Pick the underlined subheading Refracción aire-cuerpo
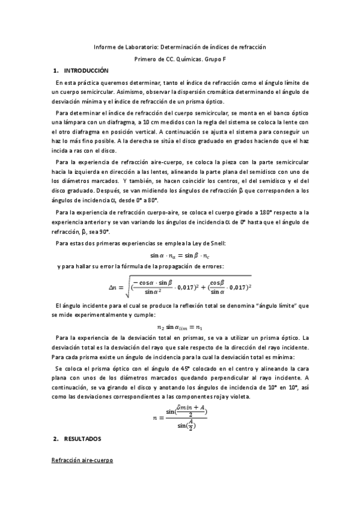click(82, 460)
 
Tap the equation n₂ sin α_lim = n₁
click(180, 327)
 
